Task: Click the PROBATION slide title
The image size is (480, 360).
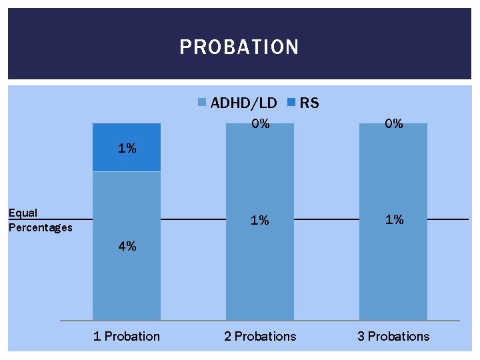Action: (239, 47)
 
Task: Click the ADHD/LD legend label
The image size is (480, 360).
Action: (243, 103)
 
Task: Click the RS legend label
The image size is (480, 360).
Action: (309, 103)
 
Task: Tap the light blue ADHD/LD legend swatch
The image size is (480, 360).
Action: (202, 103)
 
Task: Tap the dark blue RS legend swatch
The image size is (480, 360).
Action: (291, 103)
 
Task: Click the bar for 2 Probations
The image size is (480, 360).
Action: (260, 267)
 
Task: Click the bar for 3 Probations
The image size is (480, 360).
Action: (393, 267)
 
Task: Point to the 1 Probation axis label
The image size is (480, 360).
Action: (127, 336)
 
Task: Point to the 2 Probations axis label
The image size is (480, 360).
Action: (260, 336)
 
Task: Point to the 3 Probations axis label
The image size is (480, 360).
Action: (393, 336)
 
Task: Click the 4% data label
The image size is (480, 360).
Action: (127, 246)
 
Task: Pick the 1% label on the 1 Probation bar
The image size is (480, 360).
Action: (127, 149)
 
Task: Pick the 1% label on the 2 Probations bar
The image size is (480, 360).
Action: (260, 220)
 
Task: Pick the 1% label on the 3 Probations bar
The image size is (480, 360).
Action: (394, 219)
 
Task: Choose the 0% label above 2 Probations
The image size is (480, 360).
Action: (260, 123)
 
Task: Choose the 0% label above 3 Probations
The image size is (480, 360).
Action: (394, 123)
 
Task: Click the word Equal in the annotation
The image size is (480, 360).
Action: (23, 213)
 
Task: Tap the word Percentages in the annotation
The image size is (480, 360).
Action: (40, 228)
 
